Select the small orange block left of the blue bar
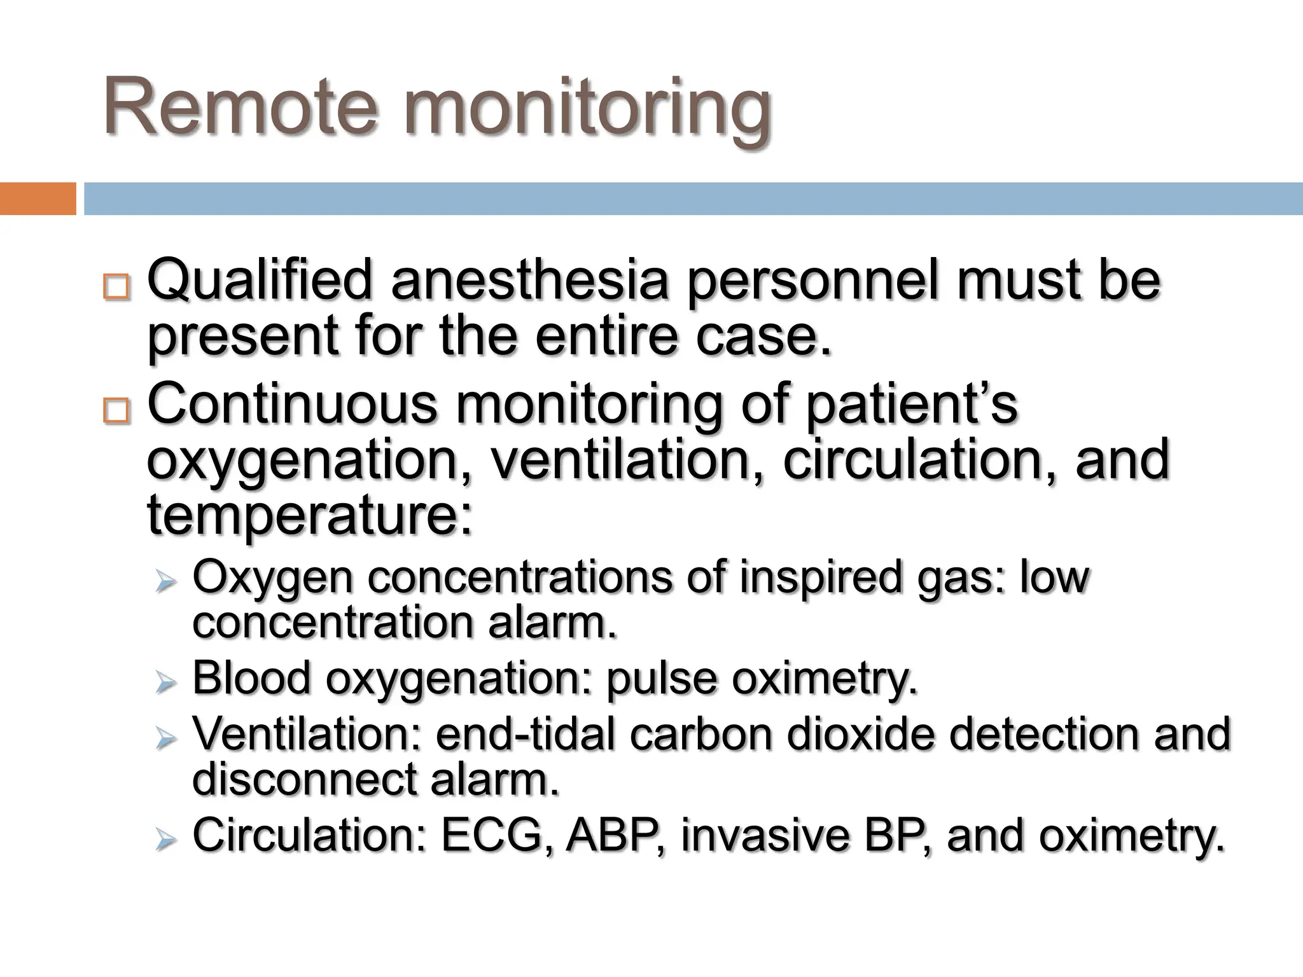pyautogui.click(x=38, y=198)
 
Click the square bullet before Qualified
pyautogui.click(x=116, y=287)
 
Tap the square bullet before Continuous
pyautogui.click(x=116, y=412)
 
